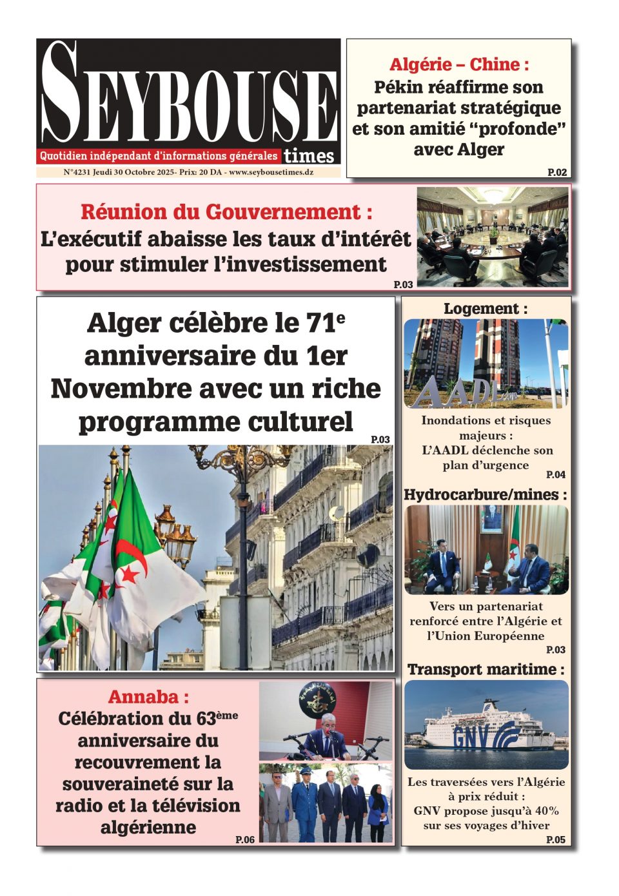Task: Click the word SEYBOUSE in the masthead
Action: pyautogui.click(x=188, y=97)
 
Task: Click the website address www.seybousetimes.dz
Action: pyautogui.click(x=271, y=173)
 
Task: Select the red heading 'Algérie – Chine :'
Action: pyautogui.click(x=458, y=64)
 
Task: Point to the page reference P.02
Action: pyautogui.click(x=557, y=172)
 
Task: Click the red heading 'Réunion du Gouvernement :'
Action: pyautogui.click(x=226, y=212)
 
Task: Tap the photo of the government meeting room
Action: pyautogui.click(x=493, y=235)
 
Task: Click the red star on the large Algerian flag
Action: pyautogui.click(x=129, y=573)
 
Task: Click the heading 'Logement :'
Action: pyautogui.click(x=485, y=309)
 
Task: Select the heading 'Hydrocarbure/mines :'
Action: pyautogui.click(x=485, y=494)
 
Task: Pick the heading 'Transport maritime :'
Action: pyautogui.click(x=485, y=669)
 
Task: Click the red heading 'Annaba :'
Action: pyautogui.click(x=148, y=697)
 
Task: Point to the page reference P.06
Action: pyautogui.click(x=245, y=839)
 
